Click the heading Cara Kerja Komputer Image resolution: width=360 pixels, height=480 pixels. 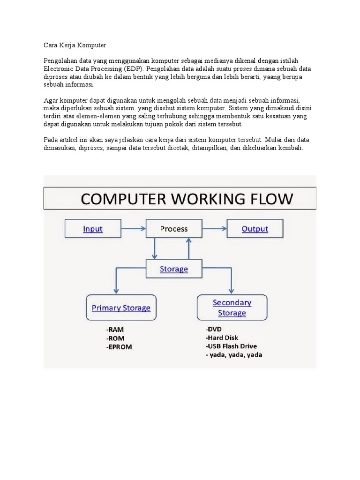tap(75, 45)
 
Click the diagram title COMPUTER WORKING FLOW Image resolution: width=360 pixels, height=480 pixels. tap(187, 199)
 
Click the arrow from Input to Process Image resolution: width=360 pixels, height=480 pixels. tap(134, 228)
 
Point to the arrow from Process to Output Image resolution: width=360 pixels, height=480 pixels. tap(214, 228)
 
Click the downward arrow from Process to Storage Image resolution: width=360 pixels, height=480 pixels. tap(155, 248)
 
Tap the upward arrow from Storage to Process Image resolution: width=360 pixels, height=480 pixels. tap(188, 248)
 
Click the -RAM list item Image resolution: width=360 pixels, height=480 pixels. tap(115, 330)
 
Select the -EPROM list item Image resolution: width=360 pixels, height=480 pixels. tap(119, 347)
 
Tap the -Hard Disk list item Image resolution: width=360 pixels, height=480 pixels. tap(222, 337)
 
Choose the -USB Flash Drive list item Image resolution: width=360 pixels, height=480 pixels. tap(232, 346)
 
